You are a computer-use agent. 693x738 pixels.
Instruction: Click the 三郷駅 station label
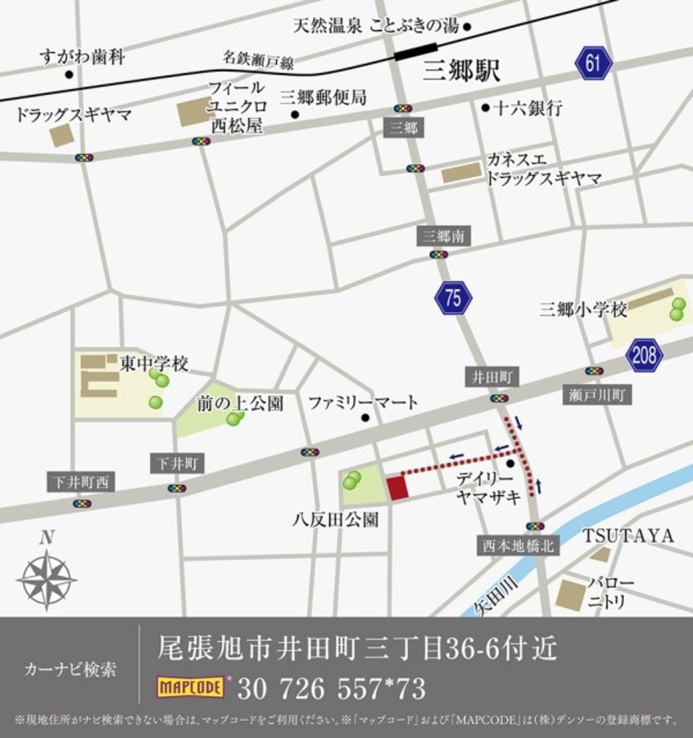(x=461, y=71)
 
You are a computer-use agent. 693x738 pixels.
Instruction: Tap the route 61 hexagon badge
(x=594, y=63)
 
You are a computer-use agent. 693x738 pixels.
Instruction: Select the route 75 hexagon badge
(x=453, y=299)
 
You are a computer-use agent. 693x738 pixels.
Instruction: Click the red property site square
(x=397, y=487)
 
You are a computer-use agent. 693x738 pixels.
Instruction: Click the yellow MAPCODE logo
(x=191, y=686)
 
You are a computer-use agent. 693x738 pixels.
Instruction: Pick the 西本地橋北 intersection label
(x=519, y=545)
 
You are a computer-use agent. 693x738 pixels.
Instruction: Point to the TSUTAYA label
(x=628, y=536)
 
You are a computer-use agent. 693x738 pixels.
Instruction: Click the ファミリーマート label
(x=363, y=403)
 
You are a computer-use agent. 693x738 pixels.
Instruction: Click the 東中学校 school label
(x=154, y=362)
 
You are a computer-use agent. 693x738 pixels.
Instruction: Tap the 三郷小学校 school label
(x=583, y=310)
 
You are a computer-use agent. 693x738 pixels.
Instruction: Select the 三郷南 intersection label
(x=444, y=236)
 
